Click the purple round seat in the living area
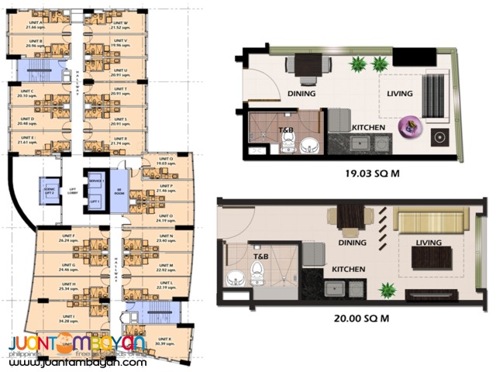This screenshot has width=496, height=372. [408, 126]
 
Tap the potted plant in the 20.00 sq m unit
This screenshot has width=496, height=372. [388, 290]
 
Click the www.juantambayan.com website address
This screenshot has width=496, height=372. [77, 360]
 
